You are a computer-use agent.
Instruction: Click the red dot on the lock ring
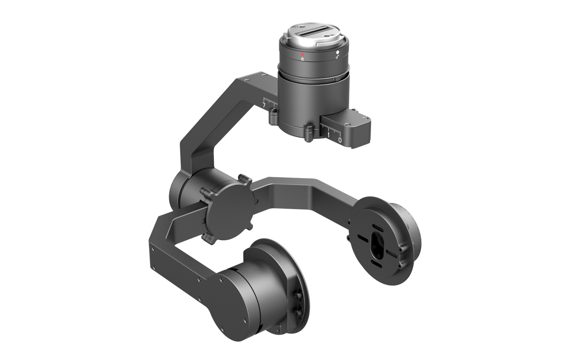[303, 54]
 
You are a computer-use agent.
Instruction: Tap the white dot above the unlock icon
[338, 52]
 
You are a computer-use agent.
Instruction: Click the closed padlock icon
[303, 59]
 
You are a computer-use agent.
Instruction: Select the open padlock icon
[338, 57]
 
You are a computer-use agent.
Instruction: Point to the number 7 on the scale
[264, 105]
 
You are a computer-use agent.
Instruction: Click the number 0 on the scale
[340, 140]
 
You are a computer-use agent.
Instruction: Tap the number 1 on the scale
[329, 135]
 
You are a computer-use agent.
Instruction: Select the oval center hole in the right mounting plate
[377, 245]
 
